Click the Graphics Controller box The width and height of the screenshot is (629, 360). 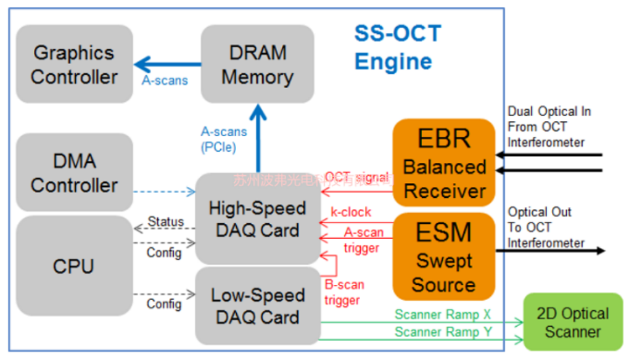coord(74,64)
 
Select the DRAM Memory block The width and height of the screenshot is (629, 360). coord(257,64)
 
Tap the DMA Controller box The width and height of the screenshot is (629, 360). coord(74,173)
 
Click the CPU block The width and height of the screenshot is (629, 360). coord(74,266)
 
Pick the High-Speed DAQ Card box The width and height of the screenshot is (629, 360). coord(257,219)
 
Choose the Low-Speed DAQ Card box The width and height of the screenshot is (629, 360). coord(257,306)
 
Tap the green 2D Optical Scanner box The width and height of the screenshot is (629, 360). coord(573,322)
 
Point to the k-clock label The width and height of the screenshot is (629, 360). coord(351,212)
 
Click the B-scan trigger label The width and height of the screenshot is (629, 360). coord(344,292)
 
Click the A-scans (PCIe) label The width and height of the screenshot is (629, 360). coord(223,139)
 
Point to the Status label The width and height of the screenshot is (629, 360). coord(166,221)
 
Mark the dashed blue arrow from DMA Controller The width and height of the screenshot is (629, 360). coord(164,192)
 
